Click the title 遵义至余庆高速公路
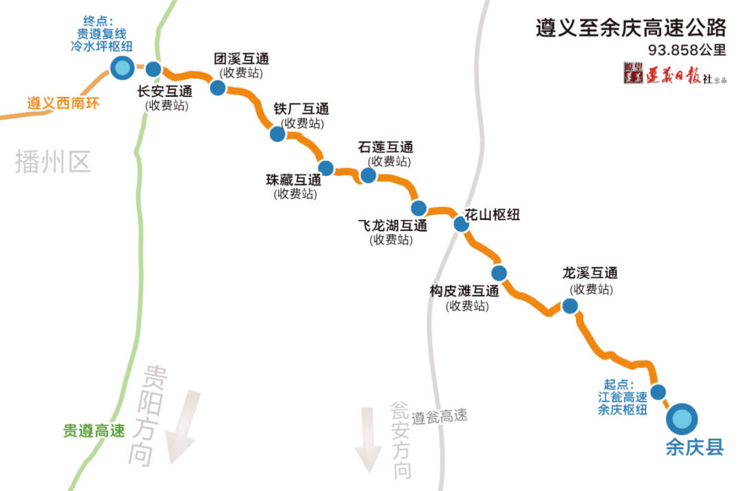[631, 28]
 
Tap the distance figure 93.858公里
[687, 50]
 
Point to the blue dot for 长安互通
[153, 69]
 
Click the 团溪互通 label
[241, 58]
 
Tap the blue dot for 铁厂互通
[277, 133]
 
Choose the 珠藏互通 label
[294, 180]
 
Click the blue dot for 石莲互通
[368, 175]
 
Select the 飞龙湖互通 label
[392, 226]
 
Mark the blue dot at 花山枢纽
[461, 223]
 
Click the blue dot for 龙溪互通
[569, 306]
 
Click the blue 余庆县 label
[695, 448]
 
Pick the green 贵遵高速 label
[94, 431]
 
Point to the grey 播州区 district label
[53, 162]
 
